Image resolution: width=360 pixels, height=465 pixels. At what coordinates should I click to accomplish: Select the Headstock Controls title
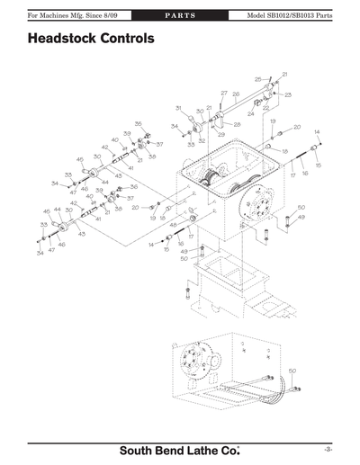(x=90, y=40)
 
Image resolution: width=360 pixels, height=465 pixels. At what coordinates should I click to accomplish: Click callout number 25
(x=258, y=79)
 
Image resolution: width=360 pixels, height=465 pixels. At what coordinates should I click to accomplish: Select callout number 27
(x=224, y=94)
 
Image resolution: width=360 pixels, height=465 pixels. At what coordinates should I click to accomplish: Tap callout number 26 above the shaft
(x=236, y=94)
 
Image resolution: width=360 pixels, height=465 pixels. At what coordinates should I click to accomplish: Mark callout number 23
(x=288, y=94)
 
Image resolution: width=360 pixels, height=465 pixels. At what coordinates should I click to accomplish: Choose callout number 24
(x=265, y=115)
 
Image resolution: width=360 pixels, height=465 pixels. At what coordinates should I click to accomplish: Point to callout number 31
(x=178, y=108)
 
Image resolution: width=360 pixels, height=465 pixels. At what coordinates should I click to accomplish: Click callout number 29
(x=220, y=134)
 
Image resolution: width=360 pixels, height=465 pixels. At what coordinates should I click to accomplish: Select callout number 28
(x=237, y=124)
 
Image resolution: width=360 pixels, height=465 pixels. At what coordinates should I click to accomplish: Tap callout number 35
(x=138, y=123)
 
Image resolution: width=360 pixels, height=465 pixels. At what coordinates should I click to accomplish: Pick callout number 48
(x=173, y=225)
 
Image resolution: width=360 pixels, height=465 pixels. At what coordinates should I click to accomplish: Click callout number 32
(x=202, y=141)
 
